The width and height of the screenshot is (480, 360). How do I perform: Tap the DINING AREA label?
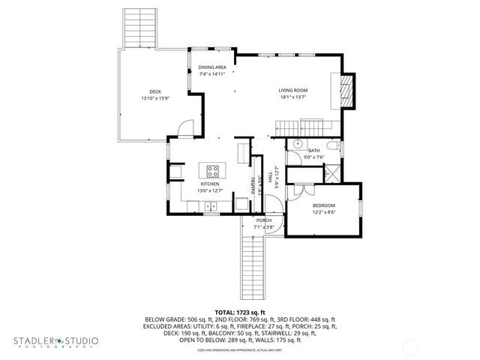[x=212, y=67]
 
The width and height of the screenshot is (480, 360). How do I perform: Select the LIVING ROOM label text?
[x=294, y=90]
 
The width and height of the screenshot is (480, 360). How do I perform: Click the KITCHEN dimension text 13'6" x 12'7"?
[x=209, y=190]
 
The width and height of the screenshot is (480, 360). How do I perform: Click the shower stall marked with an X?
[x=331, y=175]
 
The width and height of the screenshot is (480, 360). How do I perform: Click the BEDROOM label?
[x=324, y=205]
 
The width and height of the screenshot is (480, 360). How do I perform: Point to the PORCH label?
[x=263, y=220]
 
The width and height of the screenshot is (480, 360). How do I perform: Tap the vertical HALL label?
[x=275, y=175]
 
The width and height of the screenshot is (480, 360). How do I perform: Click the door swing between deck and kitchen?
[x=184, y=130]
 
